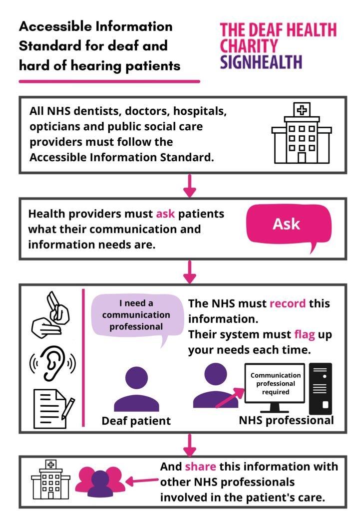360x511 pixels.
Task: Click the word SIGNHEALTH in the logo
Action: [x=261, y=62]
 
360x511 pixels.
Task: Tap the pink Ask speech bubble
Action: [x=289, y=225]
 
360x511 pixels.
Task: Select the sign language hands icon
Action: [x=50, y=314]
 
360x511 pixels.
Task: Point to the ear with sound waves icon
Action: [x=52, y=363]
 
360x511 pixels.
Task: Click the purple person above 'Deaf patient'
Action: [x=137, y=389]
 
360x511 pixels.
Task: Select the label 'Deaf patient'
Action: [x=136, y=421]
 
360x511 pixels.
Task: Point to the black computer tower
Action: [x=320, y=388]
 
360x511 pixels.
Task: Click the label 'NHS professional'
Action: [x=286, y=420]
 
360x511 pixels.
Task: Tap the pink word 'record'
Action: [x=288, y=303]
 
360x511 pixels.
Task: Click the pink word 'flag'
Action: [x=305, y=335]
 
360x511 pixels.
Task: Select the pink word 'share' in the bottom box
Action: [x=200, y=467]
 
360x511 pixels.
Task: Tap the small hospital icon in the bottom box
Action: [x=50, y=479]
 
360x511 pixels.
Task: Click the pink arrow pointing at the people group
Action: [x=142, y=481]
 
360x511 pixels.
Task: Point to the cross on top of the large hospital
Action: [x=302, y=110]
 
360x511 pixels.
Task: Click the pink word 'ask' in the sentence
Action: [x=165, y=214]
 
